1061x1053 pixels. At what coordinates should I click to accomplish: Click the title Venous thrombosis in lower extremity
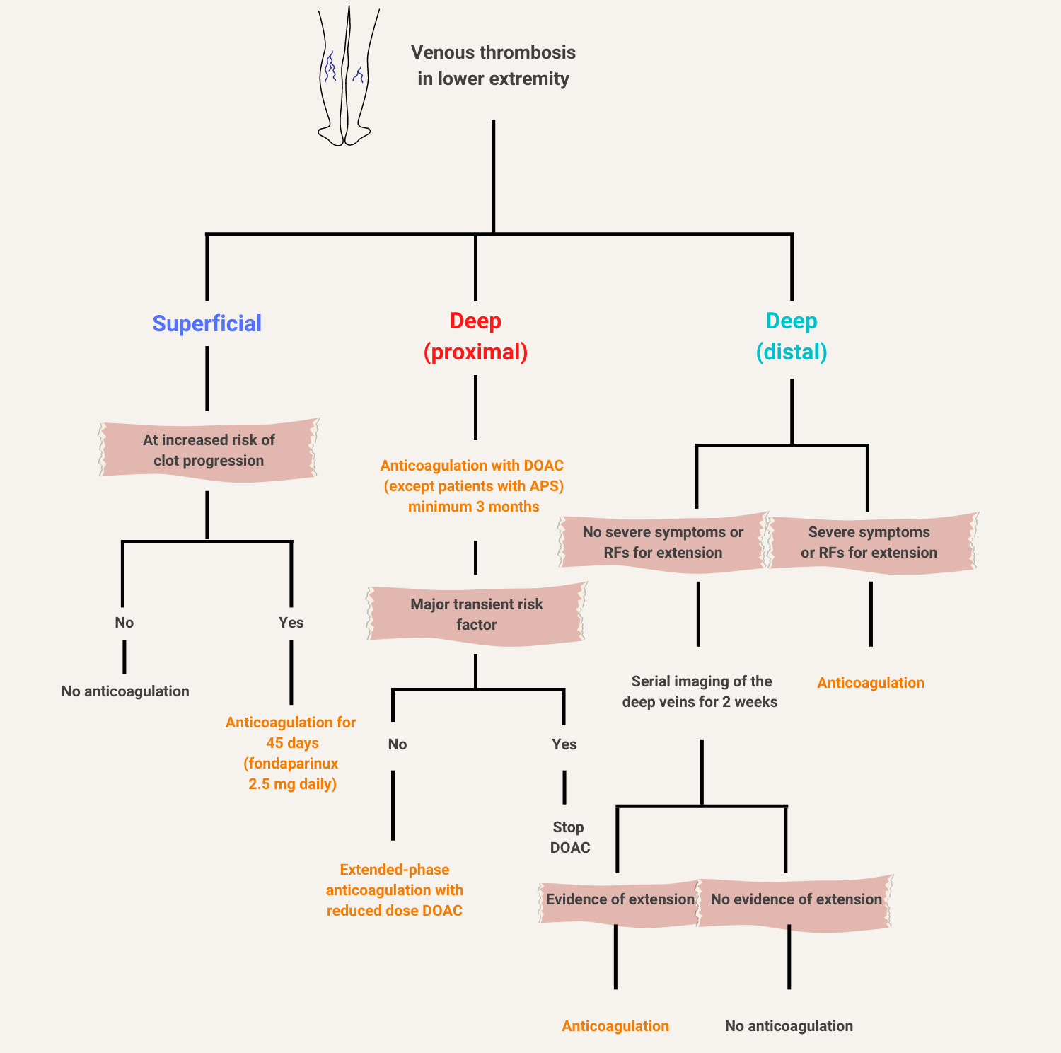[493, 65]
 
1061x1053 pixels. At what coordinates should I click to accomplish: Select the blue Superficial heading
[207, 323]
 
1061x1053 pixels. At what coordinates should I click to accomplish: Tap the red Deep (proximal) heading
[475, 336]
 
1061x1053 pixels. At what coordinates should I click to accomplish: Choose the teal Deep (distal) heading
[792, 336]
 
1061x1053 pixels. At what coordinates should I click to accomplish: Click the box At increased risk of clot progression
[209, 450]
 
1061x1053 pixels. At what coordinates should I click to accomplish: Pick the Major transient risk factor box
[476, 614]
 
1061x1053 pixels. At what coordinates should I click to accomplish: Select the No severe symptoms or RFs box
[663, 542]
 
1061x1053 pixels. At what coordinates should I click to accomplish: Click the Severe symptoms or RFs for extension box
[869, 542]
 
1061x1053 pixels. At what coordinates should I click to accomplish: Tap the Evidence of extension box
[620, 899]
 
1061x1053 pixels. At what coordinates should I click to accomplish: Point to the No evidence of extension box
[796, 899]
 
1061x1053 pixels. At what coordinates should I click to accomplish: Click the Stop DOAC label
[569, 837]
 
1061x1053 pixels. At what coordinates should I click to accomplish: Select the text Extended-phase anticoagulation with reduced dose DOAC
[395, 890]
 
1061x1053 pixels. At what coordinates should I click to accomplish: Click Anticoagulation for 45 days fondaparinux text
[291, 753]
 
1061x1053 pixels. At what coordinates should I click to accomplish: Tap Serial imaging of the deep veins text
[700, 691]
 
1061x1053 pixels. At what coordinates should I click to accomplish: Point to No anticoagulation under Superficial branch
[125, 691]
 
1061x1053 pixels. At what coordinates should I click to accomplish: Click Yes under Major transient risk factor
[564, 744]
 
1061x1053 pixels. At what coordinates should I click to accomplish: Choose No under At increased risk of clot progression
[124, 623]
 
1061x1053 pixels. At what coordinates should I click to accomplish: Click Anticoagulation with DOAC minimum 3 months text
[472, 486]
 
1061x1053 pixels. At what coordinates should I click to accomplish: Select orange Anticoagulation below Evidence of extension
[615, 1026]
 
